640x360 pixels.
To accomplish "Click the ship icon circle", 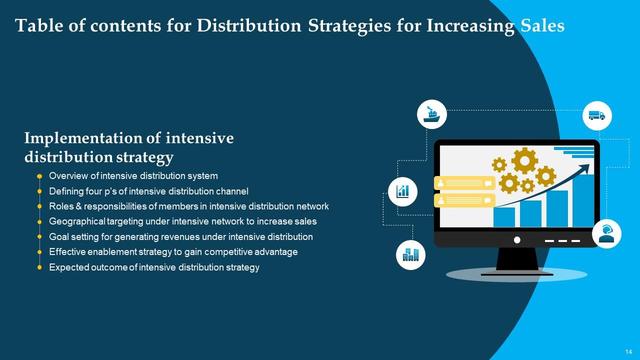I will (x=431, y=114).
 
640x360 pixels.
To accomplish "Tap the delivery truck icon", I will (x=596, y=116).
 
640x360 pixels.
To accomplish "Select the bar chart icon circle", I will (x=402, y=191).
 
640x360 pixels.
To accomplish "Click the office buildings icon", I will (x=410, y=255).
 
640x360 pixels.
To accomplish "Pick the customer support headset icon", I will (x=606, y=233).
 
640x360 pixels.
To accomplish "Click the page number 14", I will (x=628, y=351).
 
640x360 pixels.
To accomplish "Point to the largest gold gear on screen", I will (x=524, y=160).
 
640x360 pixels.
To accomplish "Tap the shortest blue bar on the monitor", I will (x=504, y=217).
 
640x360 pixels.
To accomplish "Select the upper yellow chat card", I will (x=464, y=183).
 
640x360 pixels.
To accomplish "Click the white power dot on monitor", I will (x=517, y=240).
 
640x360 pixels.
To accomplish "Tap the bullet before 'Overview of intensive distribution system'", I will (x=39, y=176).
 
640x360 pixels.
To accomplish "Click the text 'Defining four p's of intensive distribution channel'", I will (x=148, y=191).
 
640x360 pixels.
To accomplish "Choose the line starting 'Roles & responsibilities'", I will (x=188, y=206).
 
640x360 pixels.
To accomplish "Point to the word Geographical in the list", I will (x=76, y=221).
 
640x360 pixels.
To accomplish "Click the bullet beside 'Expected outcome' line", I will (x=39, y=267).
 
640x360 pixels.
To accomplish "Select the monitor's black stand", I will (x=517, y=260).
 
